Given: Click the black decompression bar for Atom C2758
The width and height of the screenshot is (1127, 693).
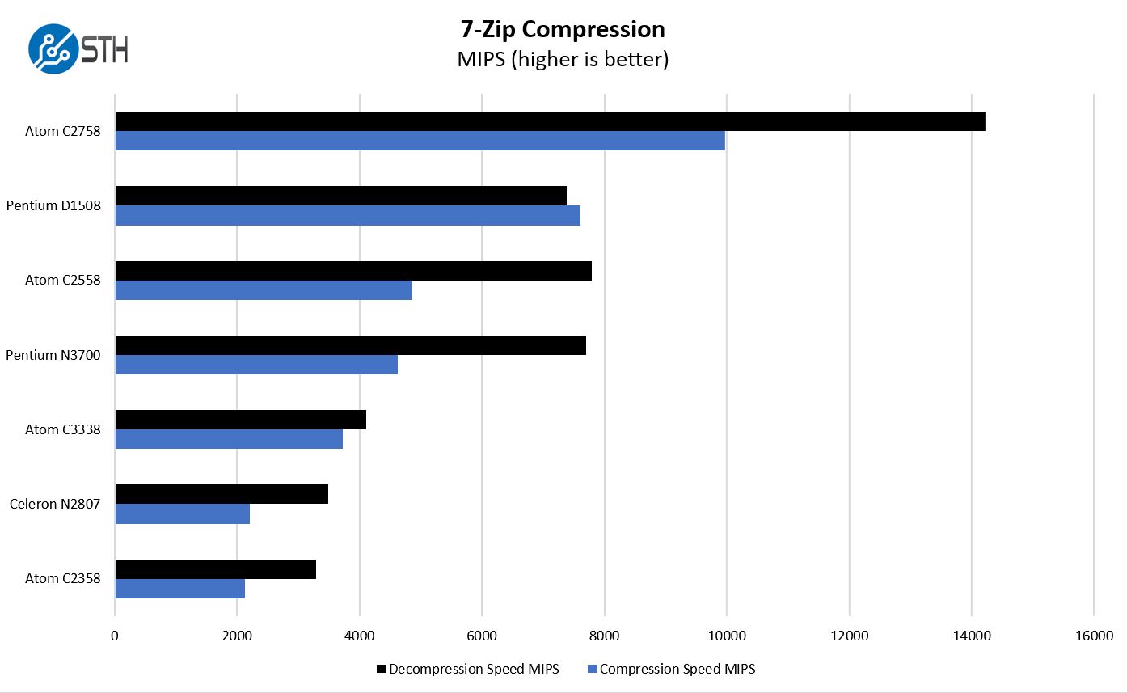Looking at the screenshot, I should pyautogui.click(x=550, y=121).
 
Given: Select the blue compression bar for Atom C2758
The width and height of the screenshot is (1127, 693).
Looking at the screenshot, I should pyautogui.click(x=420, y=141).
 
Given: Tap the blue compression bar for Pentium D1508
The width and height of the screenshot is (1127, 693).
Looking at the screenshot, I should pyautogui.click(x=348, y=215).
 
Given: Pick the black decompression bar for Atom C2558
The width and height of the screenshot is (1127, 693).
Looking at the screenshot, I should pyautogui.click(x=353, y=271).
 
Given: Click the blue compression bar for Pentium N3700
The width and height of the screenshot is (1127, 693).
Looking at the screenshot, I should pyautogui.click(x=256, y=365).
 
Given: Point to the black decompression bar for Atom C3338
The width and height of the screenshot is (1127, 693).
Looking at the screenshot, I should pyautogui.click(x=240, y=420).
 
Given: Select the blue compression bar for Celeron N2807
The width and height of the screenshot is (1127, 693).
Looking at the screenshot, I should pyautogui.click(x=183, y=513).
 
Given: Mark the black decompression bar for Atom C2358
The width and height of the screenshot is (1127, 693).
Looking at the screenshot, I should pyautogui.click(x=215, y=569).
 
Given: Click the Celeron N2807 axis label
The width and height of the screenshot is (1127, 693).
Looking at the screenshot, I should pyautogui.click(x=55, y=504).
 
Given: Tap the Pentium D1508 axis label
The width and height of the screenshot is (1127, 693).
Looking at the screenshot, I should pyautogui.click(x=53, y=205).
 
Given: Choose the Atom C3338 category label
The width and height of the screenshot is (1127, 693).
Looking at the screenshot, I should pyautogui.click(x=63, y=429).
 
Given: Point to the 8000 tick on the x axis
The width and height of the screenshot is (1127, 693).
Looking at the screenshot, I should pyautogui.click(x=604, y=636).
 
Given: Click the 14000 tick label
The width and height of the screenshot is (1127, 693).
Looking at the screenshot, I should pyautogui.click(x=971, y=636).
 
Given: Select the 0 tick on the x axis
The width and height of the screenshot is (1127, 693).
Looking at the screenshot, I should pyautogui.click(x=115, y=636).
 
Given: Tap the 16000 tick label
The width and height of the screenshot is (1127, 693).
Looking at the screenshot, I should pyautogui.click(x=1093, y=636).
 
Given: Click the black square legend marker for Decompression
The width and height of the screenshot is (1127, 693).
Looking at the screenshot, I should pyautogui.click(x=381, y=670).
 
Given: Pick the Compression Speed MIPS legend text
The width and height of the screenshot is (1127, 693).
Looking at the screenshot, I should pyautogui.click(x=677, y=669).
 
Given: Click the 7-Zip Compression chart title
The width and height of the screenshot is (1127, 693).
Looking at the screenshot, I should pyautogui.click(x=563, y=29).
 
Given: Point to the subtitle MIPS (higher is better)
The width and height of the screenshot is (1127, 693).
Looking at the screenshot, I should pyautogui.click(x=563, y=59).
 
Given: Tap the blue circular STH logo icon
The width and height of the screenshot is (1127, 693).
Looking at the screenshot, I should pyautogui.click(x=53, y=49).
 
